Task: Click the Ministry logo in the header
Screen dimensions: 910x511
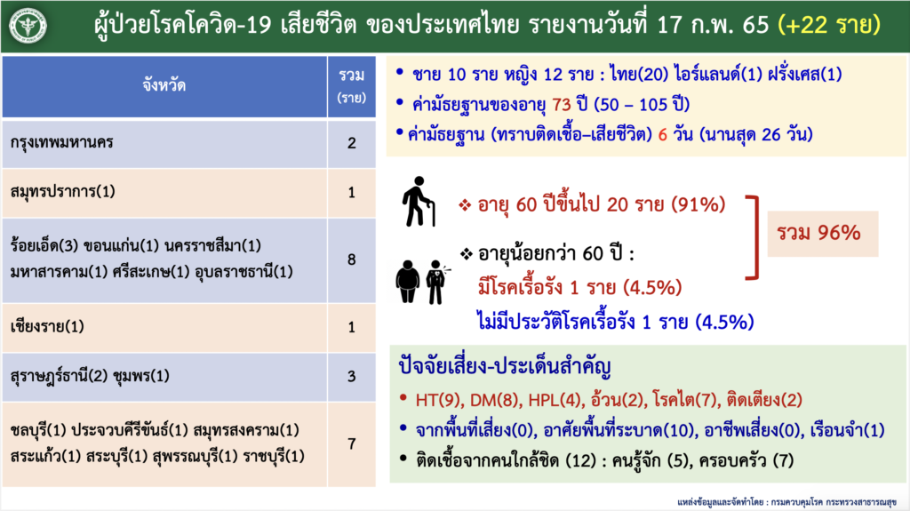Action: [x=28, y=26]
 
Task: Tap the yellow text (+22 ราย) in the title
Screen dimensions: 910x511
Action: [x=829, y=25]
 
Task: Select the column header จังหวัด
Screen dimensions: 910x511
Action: [x=164, y=86]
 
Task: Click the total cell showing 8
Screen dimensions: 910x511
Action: [x=352, y=259]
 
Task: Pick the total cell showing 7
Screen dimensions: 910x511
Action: [x=352, y=444]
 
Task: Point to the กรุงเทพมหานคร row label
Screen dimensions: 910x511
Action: [x=61, y=143]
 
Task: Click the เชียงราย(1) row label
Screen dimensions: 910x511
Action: [x=47, y=326]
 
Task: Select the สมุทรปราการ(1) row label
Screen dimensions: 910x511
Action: [x=63, y=192]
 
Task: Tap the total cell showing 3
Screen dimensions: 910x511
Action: [x=352, y=376]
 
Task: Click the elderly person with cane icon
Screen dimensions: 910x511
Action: [x=418, y=201]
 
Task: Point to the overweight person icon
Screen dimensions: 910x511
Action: [x=407, y=282]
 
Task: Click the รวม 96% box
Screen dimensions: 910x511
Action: [x=822, y=234]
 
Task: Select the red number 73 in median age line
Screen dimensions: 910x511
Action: [x=562, y=105]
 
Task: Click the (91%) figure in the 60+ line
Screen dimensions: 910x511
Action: [x=698, y=204]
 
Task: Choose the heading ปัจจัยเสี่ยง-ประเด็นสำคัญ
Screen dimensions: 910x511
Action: [x=505, y=366]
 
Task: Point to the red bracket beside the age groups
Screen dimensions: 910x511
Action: [x=755, y=238]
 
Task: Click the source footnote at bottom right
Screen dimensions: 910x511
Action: [x=786, y=502]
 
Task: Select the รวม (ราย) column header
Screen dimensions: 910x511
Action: [x=352, y=86]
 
